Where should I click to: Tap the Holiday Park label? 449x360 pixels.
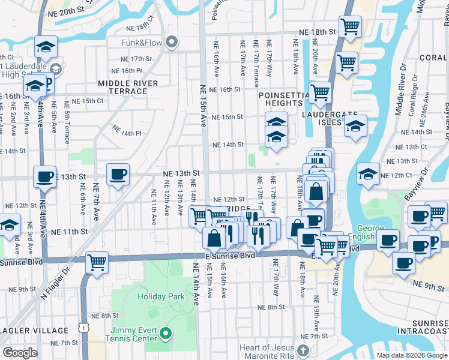click(x=160, y=296)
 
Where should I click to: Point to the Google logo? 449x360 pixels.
click(x=20, y=353)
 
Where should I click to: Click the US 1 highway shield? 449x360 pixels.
click(x=82, y=326)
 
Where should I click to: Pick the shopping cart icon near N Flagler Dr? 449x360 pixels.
click(x=97, y=262)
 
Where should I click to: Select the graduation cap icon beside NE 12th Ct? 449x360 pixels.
click(x=367, y=174)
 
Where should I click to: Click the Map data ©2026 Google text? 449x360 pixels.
click(x=412, y=355)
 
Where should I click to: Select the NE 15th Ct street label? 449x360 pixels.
click(x=88, y=101)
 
